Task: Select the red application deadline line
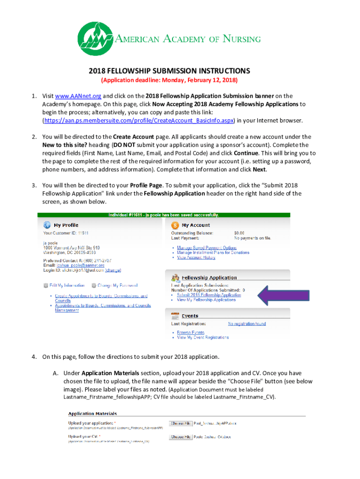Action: tap(169, 80)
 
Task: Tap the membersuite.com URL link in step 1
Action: tap(138, 120)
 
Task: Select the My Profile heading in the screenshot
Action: tap(66, 225)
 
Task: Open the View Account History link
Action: tap(196, 257)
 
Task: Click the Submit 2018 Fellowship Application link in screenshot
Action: tap(209, 295)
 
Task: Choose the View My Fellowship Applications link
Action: tap(206, 300)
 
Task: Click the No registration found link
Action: tap(247, 324)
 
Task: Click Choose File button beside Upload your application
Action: tap(181, 423)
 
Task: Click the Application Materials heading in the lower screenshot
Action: tap(93, 414)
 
